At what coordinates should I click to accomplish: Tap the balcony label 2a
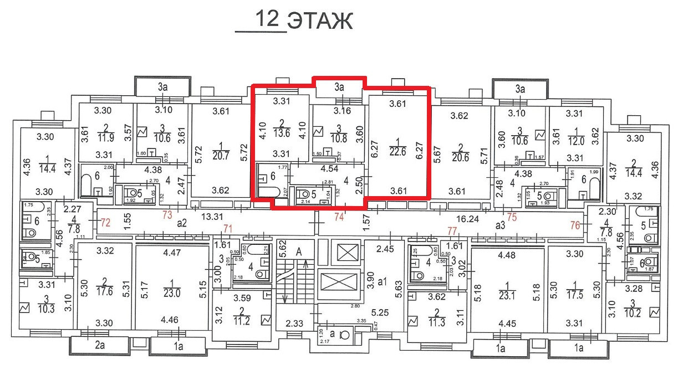pyautogui.click(x=100, y=346)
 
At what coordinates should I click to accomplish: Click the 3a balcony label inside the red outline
pyautogui.click(x=339, y=86)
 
